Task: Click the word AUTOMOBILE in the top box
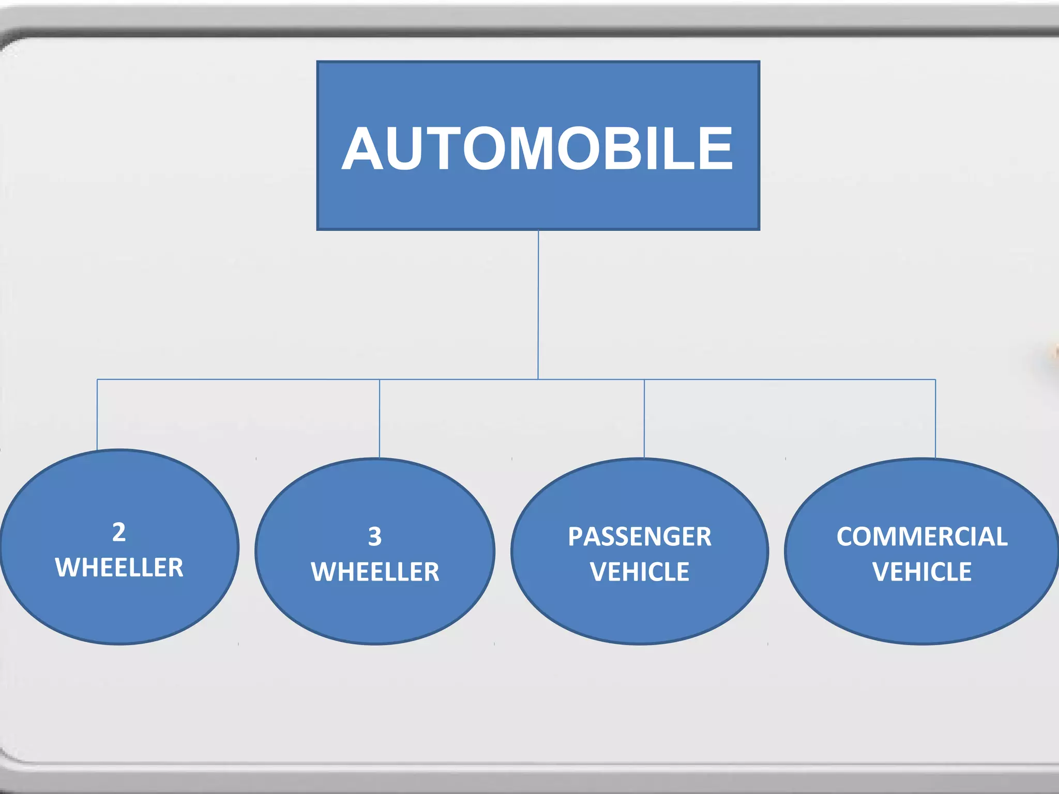coord(538,149)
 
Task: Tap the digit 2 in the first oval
coord(119,532)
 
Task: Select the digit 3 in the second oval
coord(375,537)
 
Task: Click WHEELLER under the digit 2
coord(119,568)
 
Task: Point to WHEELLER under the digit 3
coord(375,572)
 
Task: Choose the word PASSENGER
coord(640,537)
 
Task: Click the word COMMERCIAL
coord(922,537)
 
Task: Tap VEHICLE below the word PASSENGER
coord(640,572)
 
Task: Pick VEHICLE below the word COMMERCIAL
coord(922,572)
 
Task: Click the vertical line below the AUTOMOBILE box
coord(538,305)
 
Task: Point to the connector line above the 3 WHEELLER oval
coord(380,419)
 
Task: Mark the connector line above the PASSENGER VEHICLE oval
coord(644,419)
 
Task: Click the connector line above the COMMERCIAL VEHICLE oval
coord(935,419)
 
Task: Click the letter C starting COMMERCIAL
coord(847,537)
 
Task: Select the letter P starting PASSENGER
coord(576,537)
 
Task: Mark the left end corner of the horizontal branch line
coord(97,379)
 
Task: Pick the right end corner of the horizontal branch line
coord(935,379)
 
